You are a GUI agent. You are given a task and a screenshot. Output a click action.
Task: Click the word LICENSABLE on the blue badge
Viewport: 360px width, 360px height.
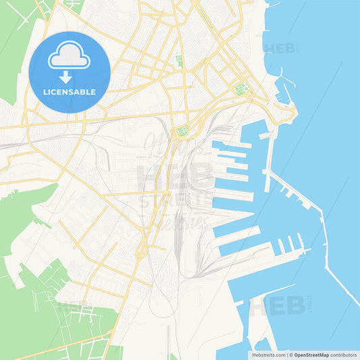tap(70, 92)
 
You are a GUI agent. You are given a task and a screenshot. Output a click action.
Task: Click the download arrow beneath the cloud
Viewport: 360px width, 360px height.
tap(70, 77)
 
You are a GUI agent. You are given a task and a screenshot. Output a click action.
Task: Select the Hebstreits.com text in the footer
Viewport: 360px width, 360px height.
tap(267, 354)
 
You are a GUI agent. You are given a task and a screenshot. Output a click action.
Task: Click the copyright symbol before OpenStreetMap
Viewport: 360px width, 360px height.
tap(291, 354)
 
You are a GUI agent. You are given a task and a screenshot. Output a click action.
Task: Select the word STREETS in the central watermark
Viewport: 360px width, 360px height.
tap(165, 201)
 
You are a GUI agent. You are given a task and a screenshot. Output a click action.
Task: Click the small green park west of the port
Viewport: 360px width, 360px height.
tap(181, 131)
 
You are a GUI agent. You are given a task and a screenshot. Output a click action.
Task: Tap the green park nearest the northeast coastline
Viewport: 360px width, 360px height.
tap(241, 88)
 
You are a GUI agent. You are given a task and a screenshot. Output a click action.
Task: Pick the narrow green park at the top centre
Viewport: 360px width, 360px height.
tap(179, 61)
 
